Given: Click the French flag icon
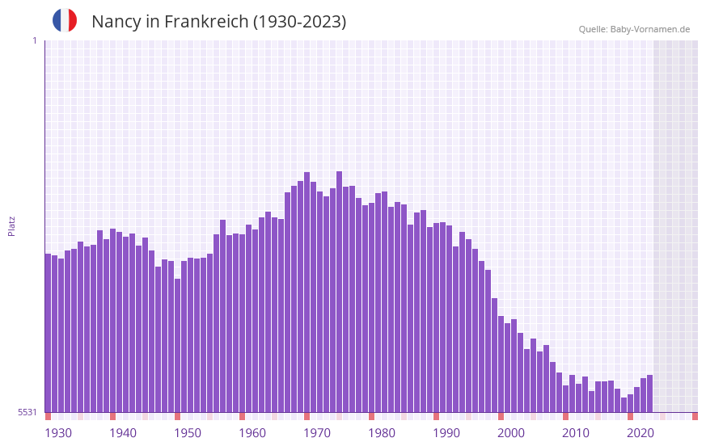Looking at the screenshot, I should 65,20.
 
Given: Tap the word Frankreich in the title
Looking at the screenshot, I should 205,22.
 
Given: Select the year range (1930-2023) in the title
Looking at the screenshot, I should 299,22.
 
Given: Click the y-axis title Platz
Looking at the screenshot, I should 11,225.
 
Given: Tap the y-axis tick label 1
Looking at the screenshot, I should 34,40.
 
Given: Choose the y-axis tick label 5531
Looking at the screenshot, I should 27,412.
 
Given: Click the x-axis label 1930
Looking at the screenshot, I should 58,433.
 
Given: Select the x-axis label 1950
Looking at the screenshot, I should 188,433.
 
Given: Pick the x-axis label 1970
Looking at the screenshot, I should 317,433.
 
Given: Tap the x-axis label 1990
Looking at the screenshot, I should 446,433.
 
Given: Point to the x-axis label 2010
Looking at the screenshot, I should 576,433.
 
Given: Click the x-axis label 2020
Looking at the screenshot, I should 640,433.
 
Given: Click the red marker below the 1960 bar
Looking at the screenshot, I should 242,416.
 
